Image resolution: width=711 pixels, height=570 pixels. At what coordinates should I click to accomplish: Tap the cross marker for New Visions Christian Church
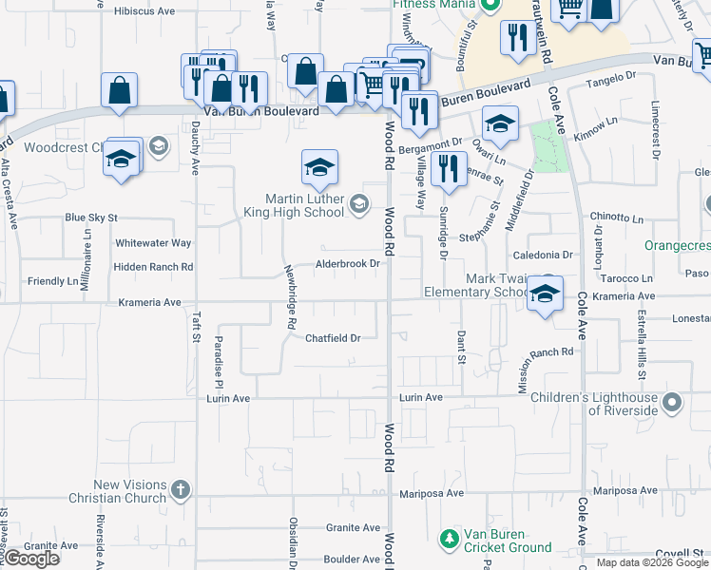[x=181, y=490]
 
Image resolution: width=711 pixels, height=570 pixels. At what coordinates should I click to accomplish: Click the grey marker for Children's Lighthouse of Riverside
[x=671, y=403]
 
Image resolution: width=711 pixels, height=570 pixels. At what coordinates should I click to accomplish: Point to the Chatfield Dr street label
[x=333, y=338]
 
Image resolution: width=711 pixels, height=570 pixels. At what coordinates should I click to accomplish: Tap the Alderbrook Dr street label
[x=348, y=264]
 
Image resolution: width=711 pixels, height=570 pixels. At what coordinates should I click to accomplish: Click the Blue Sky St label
[x=90, y=218]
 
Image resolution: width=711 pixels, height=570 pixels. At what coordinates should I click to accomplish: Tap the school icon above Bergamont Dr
[x=500, y=123]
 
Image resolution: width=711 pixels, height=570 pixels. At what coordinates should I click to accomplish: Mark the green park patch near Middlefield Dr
[x=549, y=147]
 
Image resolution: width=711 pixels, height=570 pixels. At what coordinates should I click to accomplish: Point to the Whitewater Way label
[x=153, y=243]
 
